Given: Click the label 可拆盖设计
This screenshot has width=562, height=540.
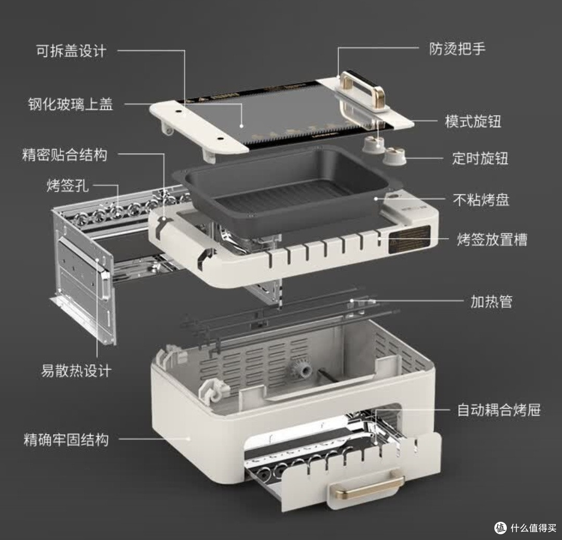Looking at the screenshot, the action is point(71,51).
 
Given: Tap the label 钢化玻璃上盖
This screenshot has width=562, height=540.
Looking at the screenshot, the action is point(71,104).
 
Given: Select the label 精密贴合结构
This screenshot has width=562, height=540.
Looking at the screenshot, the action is point(65,155).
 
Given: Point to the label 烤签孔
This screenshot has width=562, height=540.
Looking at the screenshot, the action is point(67,186).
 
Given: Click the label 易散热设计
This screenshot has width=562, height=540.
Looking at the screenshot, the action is point(76,371).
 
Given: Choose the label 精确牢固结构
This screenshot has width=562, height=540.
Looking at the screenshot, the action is point(66,439).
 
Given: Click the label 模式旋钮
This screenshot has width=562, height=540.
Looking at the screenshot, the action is point(473,121).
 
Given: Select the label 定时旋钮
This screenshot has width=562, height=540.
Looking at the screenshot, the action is point(480,158).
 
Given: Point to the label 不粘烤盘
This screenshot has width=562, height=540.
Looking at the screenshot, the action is point(481,200).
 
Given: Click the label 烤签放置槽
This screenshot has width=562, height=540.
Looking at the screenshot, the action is point(492,239).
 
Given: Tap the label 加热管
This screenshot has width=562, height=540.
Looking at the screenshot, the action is point(491,302).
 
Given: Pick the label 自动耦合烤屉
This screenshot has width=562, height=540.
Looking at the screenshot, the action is point(499,410).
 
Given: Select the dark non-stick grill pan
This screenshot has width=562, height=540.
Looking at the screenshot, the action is point(283,190).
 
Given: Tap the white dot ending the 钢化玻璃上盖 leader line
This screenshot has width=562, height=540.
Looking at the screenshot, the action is point(241,126).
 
